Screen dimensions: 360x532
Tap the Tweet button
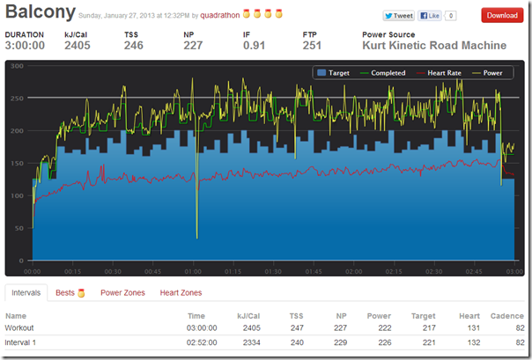click(399, 16)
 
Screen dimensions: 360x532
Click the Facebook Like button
click(430, 16)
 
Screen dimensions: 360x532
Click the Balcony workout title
click(40, 14)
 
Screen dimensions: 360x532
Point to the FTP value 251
click(312, 46)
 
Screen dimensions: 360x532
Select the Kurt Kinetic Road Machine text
click(434, 46)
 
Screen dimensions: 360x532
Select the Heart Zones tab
click(180, 293)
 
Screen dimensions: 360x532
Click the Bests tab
click(65, 293)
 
